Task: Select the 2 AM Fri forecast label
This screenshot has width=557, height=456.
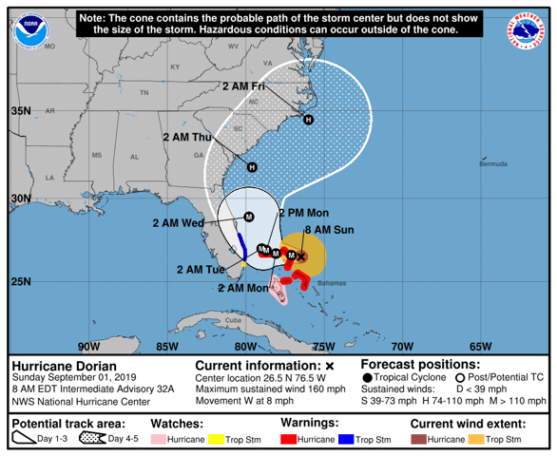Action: (x=244, y=86)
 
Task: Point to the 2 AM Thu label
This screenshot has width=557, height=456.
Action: (x=187, y=137)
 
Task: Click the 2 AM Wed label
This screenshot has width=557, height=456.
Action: (x=179, y=223)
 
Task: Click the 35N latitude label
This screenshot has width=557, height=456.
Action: (x=21, y=111)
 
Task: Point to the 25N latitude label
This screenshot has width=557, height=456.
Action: (x=21, y=281)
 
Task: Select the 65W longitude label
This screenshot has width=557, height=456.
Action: (x=480, y=346)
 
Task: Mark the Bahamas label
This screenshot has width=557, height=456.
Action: (x=332, y=284)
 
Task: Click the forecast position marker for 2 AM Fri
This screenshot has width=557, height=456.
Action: (x=308, y=119)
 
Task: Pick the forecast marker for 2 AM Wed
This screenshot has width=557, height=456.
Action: (x=248, y=217)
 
